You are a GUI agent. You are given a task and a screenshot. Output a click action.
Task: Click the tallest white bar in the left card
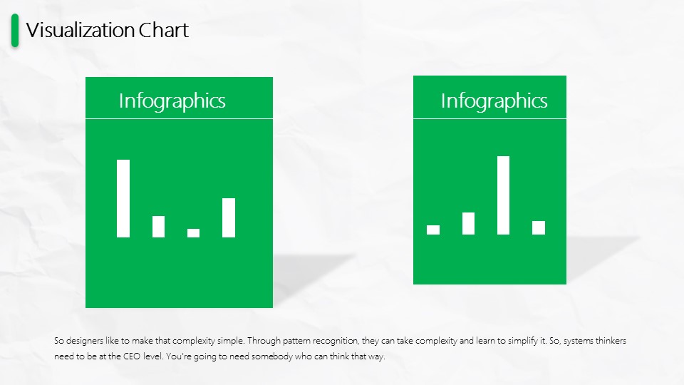tap(123, 199)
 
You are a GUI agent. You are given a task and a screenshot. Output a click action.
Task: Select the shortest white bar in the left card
tap(193, 233)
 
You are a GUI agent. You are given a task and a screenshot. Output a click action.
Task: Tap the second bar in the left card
tap(158, 227)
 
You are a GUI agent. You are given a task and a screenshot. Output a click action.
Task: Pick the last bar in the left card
tap(229, 218)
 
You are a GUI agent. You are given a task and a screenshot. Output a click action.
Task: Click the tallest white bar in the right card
tap(504, 195)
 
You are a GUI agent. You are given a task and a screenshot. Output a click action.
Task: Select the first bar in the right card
tap(433, 230)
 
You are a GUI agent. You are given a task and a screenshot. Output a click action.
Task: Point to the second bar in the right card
tap(469, 223)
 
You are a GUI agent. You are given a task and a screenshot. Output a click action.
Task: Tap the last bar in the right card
tap(539, 228)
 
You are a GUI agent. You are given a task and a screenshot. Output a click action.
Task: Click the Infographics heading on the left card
tap(172, 101)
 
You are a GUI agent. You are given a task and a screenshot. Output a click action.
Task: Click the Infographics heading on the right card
tap(494, 101)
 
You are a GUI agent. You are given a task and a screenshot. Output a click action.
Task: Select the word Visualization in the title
tap(80, 30)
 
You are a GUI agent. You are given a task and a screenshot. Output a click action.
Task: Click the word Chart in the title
tap(164, 30)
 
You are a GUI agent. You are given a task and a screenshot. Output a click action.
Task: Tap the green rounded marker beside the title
tap(15, 30)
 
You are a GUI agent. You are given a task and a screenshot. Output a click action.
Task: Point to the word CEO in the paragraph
tap(132, 356)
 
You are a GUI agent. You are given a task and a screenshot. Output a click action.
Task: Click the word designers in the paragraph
tap(85, 341)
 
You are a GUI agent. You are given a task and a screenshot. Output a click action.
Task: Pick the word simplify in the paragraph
tap(522, 341)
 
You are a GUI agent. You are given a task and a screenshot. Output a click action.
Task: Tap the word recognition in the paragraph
tap(336, 341)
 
